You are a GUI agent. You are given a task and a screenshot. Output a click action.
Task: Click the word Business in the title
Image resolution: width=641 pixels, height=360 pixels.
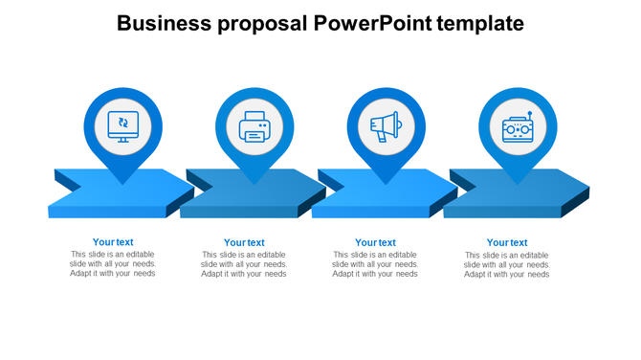pos(164,23)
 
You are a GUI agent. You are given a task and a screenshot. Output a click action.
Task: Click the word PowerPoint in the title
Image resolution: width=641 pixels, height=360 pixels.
pos(370,23)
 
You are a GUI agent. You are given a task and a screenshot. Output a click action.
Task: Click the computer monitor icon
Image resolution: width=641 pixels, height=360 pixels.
pos(122,125)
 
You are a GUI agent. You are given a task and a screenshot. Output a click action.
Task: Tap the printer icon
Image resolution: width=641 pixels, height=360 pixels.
pos(254,126)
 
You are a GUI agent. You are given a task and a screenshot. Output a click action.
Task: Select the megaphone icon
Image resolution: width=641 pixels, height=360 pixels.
pos(385,126)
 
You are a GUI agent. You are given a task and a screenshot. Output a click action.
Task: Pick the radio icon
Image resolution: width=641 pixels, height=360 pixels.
pos(517,126)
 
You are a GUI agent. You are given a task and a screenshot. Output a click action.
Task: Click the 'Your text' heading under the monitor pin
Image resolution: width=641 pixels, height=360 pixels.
pos(113,242)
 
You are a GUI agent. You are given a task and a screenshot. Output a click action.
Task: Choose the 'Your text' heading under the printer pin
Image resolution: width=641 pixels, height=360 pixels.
pos(244,243)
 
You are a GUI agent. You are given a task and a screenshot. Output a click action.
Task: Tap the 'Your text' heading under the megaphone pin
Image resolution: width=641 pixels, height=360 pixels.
pos(375,243)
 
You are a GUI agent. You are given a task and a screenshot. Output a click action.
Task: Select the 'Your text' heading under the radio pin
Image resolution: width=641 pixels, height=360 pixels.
pos(507,243)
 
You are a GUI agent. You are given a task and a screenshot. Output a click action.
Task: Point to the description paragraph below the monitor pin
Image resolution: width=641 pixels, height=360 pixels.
pos(113,264)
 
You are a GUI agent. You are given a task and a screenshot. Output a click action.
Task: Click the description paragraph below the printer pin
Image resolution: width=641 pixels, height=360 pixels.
pos(244,264)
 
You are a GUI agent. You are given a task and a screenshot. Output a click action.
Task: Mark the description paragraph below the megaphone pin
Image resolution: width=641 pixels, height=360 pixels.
pos(375,264)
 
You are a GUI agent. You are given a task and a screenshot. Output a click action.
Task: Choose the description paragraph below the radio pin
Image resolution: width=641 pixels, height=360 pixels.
pos(507,265)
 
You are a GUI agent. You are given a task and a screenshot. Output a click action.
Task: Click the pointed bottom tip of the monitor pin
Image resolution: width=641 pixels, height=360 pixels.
pos(122,183)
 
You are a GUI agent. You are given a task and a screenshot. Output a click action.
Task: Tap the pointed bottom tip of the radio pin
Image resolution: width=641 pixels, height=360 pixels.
pos(517,183)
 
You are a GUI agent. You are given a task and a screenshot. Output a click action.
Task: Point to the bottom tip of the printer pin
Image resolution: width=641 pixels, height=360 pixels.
pos(254,183)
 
